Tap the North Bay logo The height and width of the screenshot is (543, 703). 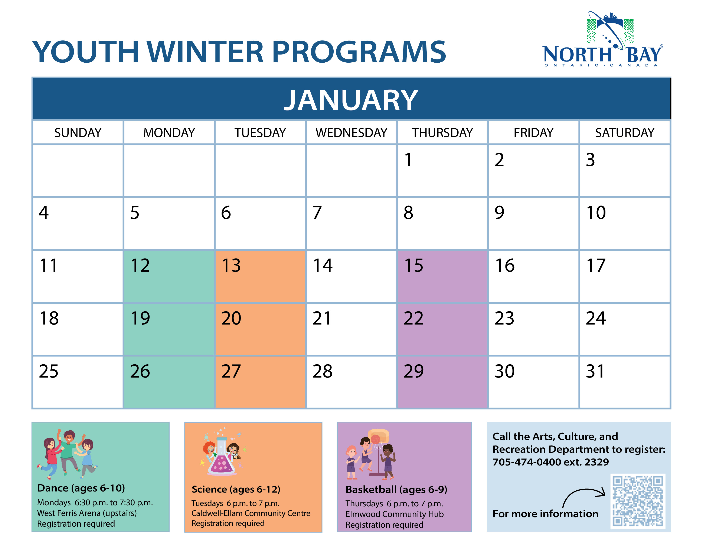602,39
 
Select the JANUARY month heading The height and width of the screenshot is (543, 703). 351,100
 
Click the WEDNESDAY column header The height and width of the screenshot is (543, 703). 351,132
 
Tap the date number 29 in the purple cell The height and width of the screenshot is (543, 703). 414,371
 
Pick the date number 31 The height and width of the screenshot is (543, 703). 595,371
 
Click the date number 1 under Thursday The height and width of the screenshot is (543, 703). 408,160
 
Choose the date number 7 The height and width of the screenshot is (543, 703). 317,213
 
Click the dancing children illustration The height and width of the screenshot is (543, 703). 68,454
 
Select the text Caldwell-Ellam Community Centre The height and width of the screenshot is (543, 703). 251,513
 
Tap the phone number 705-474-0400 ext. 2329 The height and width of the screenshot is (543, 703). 551,462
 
